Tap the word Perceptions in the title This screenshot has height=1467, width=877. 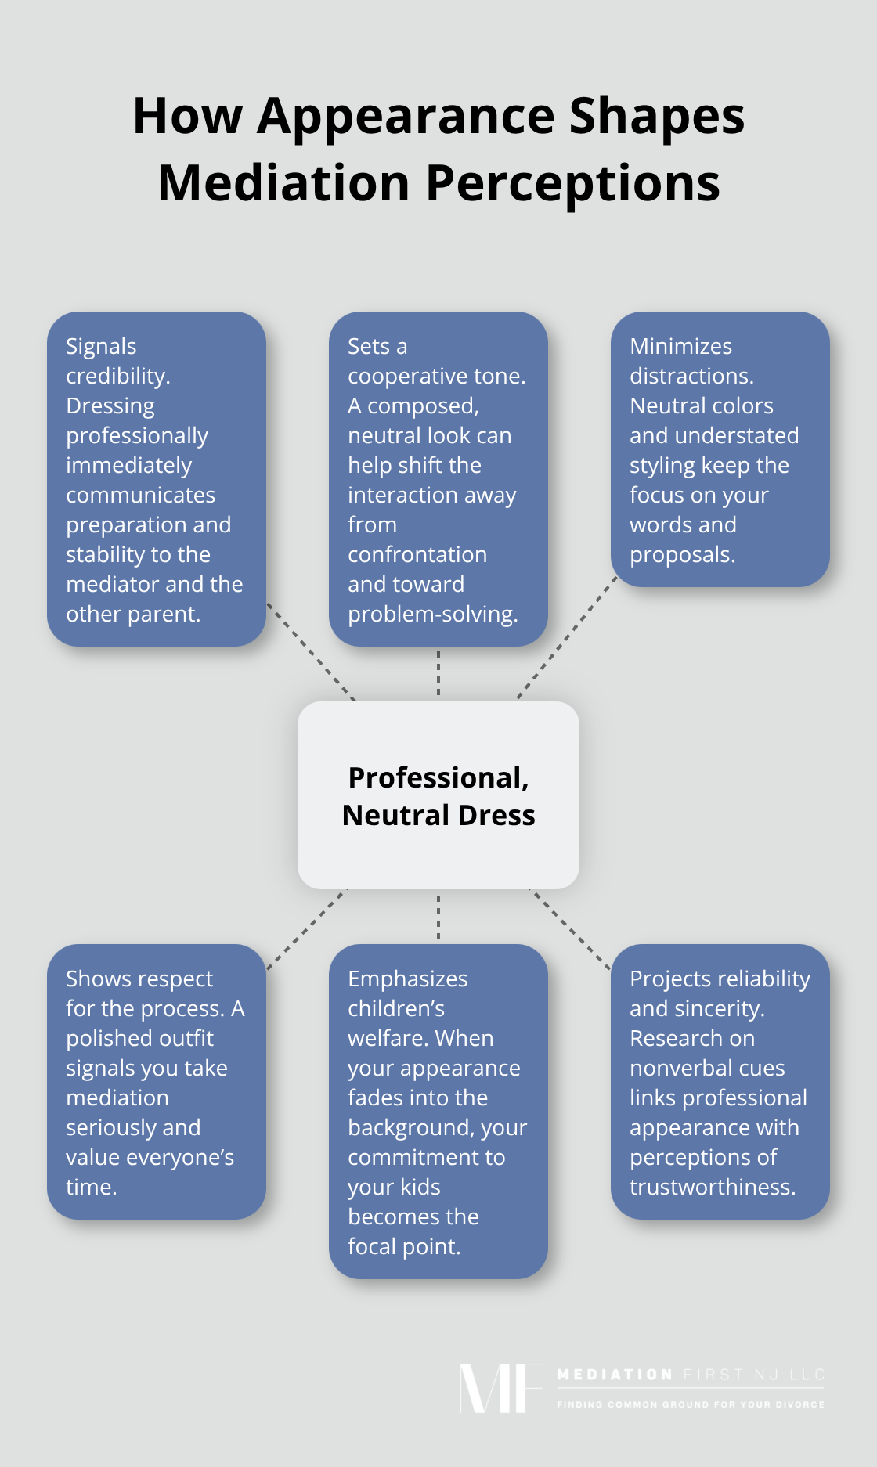(572, 184)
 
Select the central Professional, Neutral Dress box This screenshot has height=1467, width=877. (438, 795)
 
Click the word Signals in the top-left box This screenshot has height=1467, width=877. (101, 347)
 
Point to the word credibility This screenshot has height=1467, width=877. (117, 377)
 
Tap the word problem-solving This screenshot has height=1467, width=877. (432, 615)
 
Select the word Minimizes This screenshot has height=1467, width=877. (680, 347)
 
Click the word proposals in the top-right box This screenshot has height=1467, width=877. (681, 555)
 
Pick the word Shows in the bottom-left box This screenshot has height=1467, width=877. (98, 979)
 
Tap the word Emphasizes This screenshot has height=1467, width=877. (407, 979)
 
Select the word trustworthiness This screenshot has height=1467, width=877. (712, 1188)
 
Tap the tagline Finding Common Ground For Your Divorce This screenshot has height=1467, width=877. (690, 1404)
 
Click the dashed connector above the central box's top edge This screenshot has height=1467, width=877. (438, 674)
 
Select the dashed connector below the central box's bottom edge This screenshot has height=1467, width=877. (438, 917)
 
